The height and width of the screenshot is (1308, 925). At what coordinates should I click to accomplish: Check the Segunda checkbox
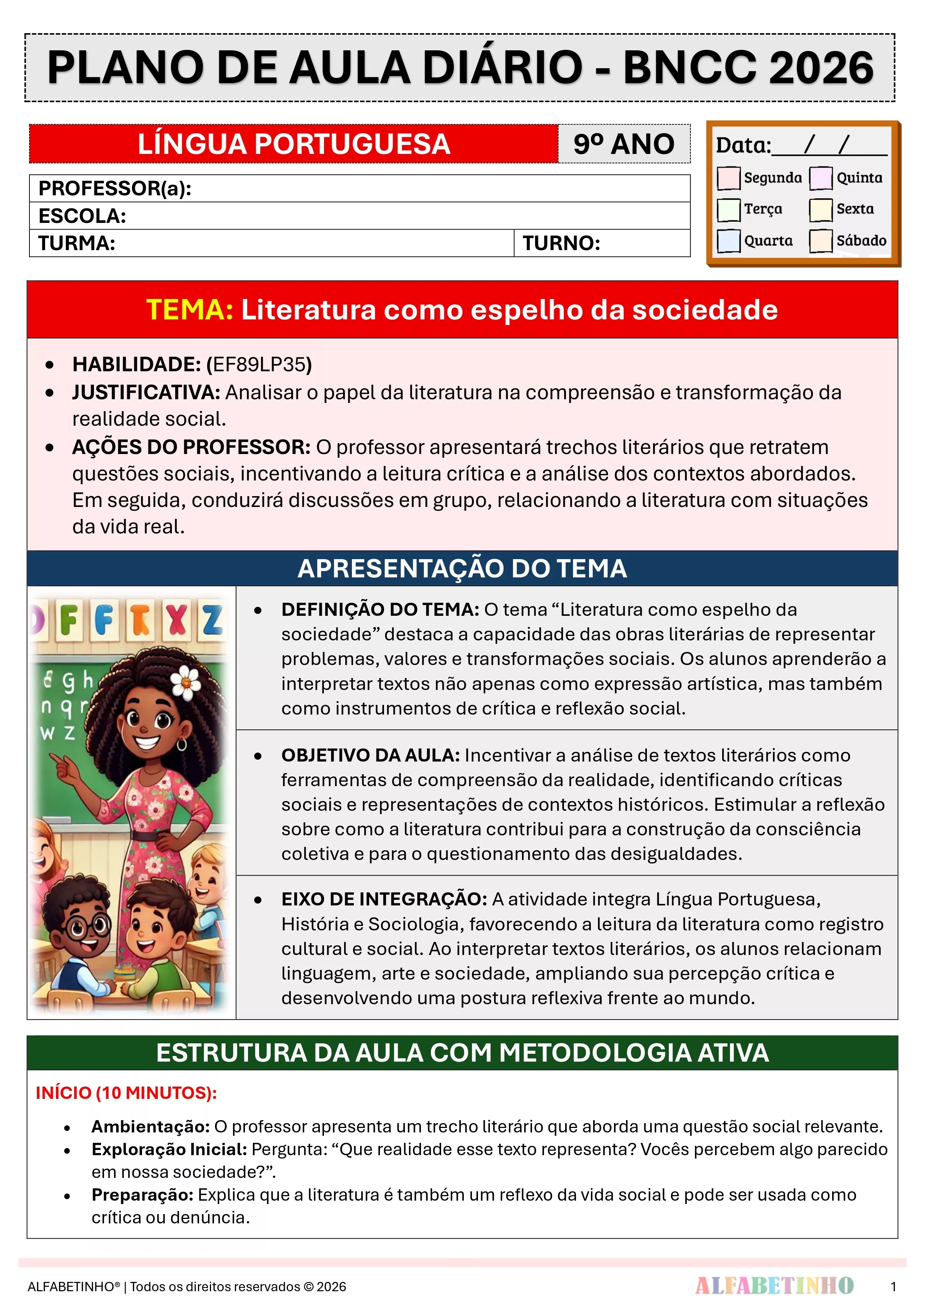coord(729,178)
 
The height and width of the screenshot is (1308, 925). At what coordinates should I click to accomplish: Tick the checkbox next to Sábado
coord(821,240)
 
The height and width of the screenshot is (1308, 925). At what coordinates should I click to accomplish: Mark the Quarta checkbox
coord(729,240)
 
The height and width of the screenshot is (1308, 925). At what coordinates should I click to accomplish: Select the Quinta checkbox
coord(821,178)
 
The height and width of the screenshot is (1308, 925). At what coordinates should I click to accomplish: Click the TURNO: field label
coord(561,243)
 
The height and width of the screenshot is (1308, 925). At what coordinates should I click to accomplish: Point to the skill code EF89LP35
coord(259,365)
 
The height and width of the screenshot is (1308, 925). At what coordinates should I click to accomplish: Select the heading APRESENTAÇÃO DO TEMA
coord(462,568)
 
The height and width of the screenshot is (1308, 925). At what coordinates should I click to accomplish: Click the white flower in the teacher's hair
coord(185,681)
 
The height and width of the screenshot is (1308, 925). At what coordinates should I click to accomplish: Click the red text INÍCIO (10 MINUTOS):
coord(126,1093)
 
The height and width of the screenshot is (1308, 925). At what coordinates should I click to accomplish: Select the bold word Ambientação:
coord(151,1126)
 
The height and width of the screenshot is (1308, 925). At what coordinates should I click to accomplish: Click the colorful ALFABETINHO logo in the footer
coord(774,1286)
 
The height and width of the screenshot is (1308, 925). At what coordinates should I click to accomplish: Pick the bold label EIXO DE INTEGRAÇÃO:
coord(384,899)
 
